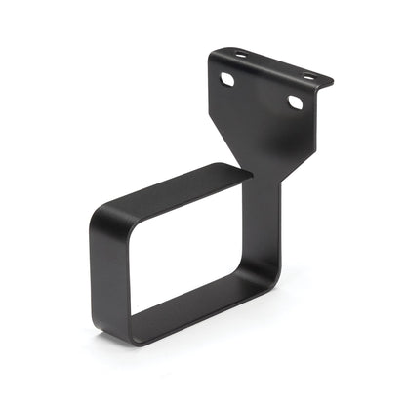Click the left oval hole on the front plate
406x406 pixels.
click(227, 78)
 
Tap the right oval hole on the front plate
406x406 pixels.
click(295, 101)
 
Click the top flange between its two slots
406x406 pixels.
click(274, 65)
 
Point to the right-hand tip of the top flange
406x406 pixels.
click(334, 82)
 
